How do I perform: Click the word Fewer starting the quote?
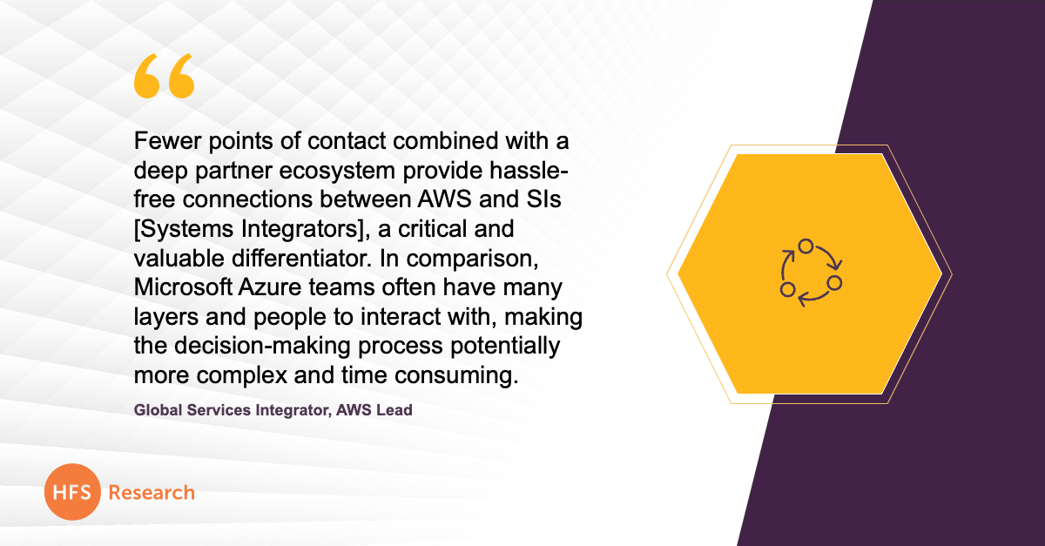tap(167, 141)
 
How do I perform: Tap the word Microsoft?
tap(183, 287)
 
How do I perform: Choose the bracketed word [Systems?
tap(184, 230)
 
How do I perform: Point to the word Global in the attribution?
tap(158, 410)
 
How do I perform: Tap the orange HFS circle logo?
tap(72, 492)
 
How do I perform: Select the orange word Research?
tap(152, 493)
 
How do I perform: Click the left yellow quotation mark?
tap(147, 76)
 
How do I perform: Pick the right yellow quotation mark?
tap(181, 76)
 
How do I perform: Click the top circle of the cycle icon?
tap(806, 246)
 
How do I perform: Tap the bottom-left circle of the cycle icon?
tap(787, 289)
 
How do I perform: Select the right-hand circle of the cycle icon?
tap(834, 282)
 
